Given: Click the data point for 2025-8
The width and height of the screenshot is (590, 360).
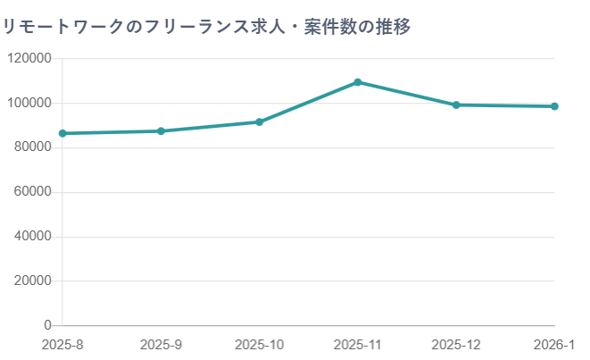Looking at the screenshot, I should [x=62, y=133].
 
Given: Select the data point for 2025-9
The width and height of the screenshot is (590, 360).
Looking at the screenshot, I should [x=161, y=131].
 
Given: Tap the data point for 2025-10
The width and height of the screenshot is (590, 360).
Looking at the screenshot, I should [x=260, y=121].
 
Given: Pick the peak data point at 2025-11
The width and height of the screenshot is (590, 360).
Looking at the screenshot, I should [x=358, y=82].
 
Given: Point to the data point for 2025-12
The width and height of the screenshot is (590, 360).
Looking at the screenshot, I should [x=456, y=105].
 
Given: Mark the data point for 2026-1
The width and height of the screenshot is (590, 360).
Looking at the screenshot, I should [x=554, y=106].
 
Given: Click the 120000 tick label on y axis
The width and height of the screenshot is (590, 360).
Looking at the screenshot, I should [x=29, y=59].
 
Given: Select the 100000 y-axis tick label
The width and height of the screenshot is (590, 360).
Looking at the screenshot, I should [x=29, y=104].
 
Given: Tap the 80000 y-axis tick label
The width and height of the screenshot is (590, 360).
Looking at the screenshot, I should [x=32, y=147].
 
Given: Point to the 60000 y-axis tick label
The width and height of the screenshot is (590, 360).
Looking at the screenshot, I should [x=32, y=192].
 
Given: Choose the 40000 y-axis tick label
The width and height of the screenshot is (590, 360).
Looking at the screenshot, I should [x=32, y=237].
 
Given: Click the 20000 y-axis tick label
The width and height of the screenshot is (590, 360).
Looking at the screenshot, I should [x=32, y=281].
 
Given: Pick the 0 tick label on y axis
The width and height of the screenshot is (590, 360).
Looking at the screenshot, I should [x=46, y=325].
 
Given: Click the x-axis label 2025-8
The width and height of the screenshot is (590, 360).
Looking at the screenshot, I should [x=62, y=344].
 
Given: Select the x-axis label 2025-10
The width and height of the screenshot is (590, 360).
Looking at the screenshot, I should [x=260, y=344].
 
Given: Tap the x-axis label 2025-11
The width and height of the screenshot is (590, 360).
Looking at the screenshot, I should [x=358, y=344].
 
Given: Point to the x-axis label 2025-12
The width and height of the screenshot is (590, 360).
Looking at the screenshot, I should [x=456, y=344].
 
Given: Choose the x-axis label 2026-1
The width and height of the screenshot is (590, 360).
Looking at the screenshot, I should [x=555, y=344].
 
